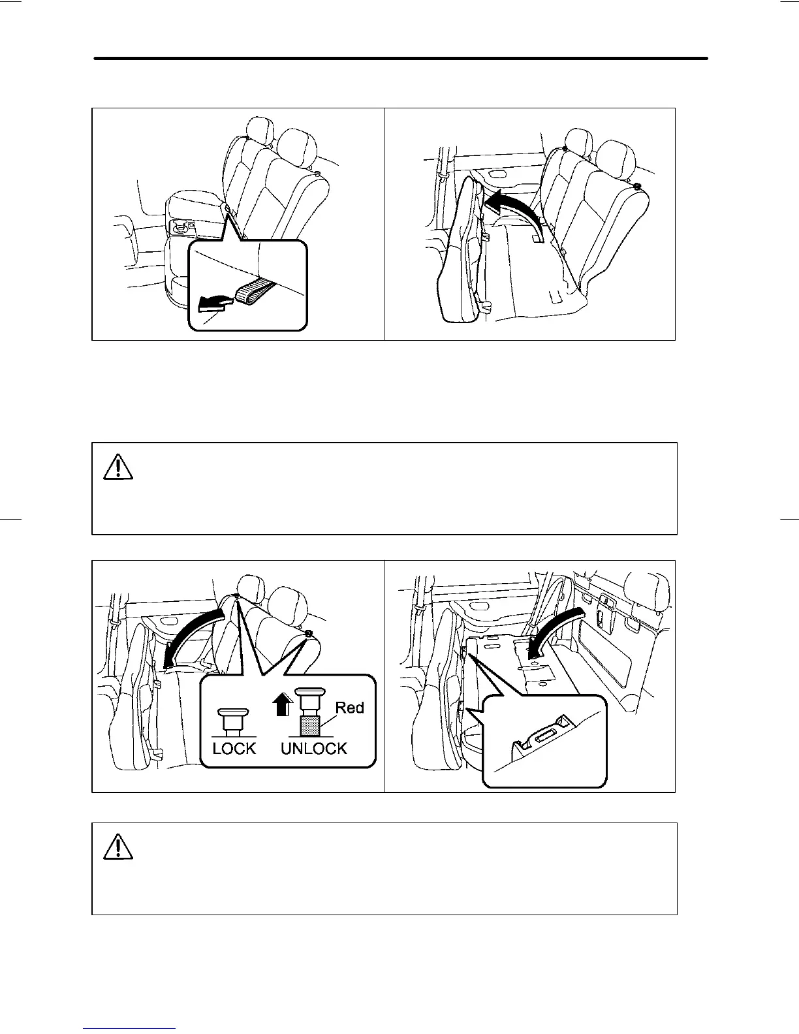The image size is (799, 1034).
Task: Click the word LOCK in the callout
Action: pyautogui.click(x=234, y=748)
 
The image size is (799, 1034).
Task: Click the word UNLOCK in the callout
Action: pyautogui.click(x=313, y=748)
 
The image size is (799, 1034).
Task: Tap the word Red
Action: pyautogui.click(x=349, y=708)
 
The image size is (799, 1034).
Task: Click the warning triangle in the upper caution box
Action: pyautogui.click(x=118, y=467)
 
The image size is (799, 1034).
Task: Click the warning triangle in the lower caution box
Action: pyautogui.click(x=118, y=847)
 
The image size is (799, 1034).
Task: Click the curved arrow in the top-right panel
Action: pyautogui.click(x=516, y=209)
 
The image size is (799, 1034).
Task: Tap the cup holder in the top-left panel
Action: pyautogui.click(x=181, y=226)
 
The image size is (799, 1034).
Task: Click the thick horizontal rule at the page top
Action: pyautogui.click(x=401, y=58)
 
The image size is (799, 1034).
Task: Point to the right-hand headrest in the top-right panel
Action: pyautogui.click(x=616, y=157)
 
